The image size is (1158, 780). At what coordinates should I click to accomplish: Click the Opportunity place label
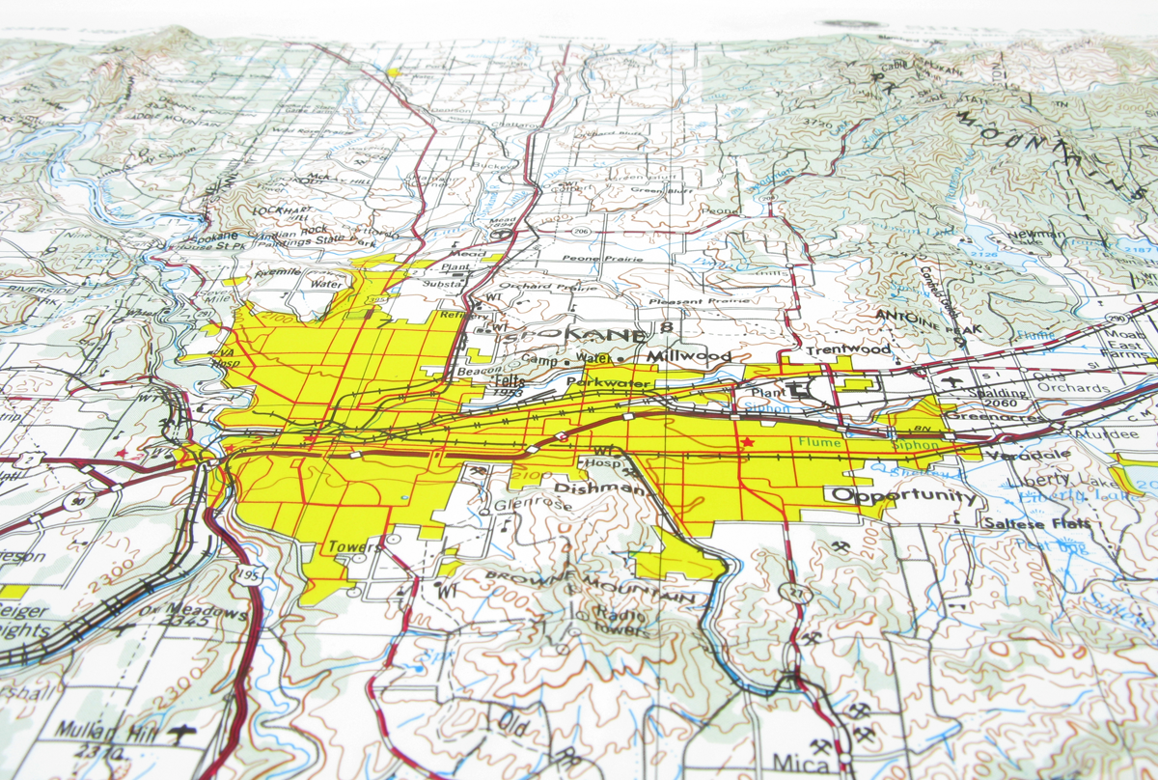pyautogui.click(x=903, y=496)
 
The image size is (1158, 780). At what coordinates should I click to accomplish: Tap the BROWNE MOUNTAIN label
pyautogui.click(x=590, y=589)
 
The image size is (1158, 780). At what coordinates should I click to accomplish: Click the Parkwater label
pyautogui.click(x=610, y=383)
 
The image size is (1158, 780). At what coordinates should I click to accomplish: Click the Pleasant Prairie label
pyautogui.click(x=699, y=302)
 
